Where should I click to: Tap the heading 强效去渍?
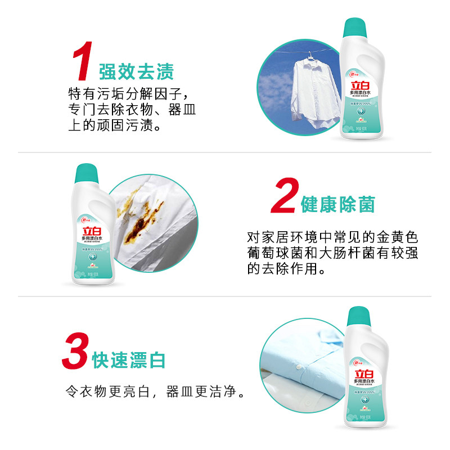pyautogui.click(x=136, y=71)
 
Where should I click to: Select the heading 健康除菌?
pyautogui.click(x=337, y=205)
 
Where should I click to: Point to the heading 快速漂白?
pyautogui.click(x=129, y=360)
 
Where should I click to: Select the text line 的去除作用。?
pyautogui.click(x=286, y=269)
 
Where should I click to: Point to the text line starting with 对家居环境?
pyautogui.click(x=332, y=237)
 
